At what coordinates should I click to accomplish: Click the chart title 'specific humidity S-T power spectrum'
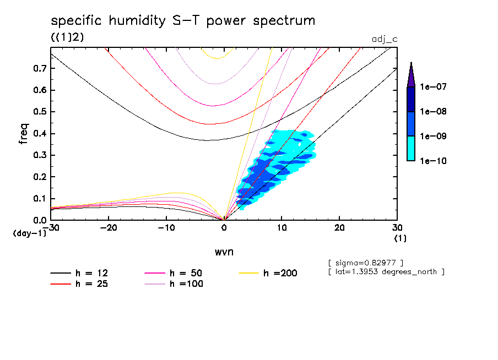(x=183, y=21)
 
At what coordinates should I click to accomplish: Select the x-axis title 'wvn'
(x=223, y=252)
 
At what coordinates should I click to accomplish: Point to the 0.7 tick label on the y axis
(x=39, y=68)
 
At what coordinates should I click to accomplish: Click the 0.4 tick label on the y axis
(x=39, y=133)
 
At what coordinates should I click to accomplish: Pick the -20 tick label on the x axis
(x=109, y=228)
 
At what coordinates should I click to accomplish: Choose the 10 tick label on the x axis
(x=282, y=228)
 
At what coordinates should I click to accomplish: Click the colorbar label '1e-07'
(x=435, y=87)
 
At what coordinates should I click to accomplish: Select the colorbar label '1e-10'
(x=435, y=161)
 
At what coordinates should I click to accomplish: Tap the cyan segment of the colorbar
(x=411, y=149)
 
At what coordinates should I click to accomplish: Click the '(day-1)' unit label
(x=30, y=233)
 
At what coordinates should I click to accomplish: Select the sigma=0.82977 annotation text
(x=366, y=262)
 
